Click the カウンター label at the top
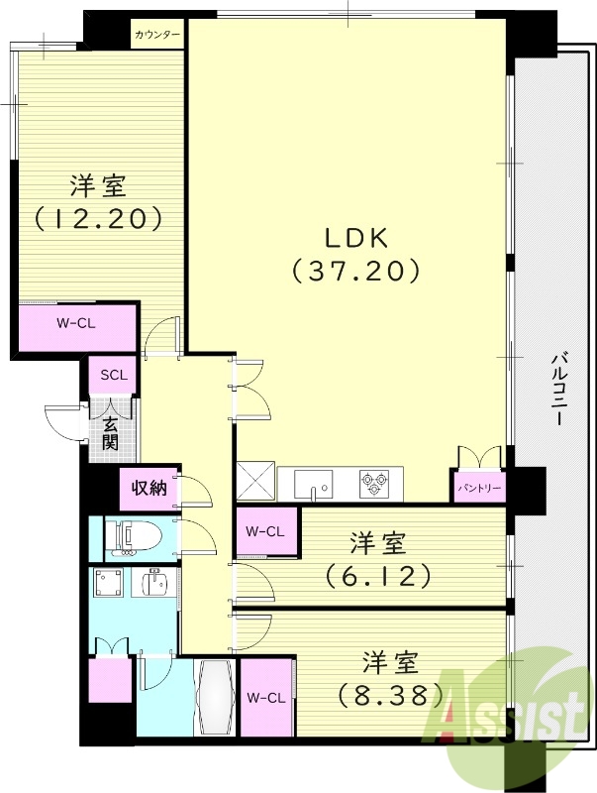[158, 35]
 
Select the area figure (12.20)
[98, 218]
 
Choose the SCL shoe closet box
[113, 376]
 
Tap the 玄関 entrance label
[110, 433]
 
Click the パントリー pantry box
[479, 489]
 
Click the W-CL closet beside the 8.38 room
[265, 697]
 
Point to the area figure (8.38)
[388, 695]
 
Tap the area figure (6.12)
[377, 574]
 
